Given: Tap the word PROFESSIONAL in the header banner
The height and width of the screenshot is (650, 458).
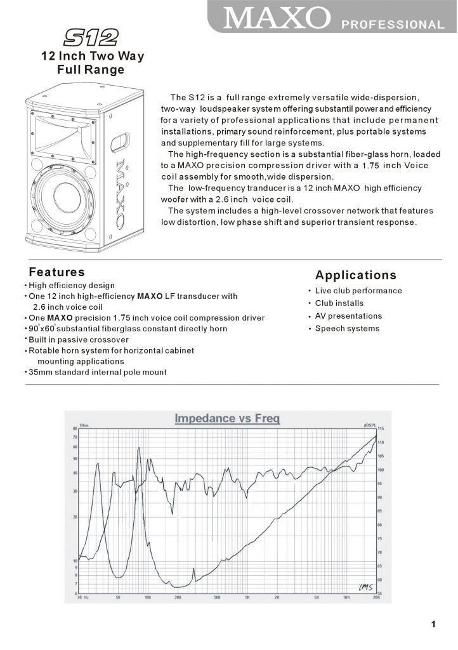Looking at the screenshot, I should (x=393, y=25).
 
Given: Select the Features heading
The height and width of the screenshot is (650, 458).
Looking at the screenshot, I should (x=56, y=272).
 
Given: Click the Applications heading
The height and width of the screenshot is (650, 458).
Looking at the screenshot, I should (x=356, y=275).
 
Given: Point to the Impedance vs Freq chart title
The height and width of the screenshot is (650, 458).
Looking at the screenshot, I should (x=227, y=418).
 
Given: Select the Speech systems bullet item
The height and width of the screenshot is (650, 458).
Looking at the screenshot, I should (x=347, y=329).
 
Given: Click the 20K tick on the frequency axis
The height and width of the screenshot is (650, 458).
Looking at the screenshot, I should (x=376, y=598).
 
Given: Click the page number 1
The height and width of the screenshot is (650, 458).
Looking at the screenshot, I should (x=434, y=625).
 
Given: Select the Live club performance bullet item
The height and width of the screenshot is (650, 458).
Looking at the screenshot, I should (x=358, y=291).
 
